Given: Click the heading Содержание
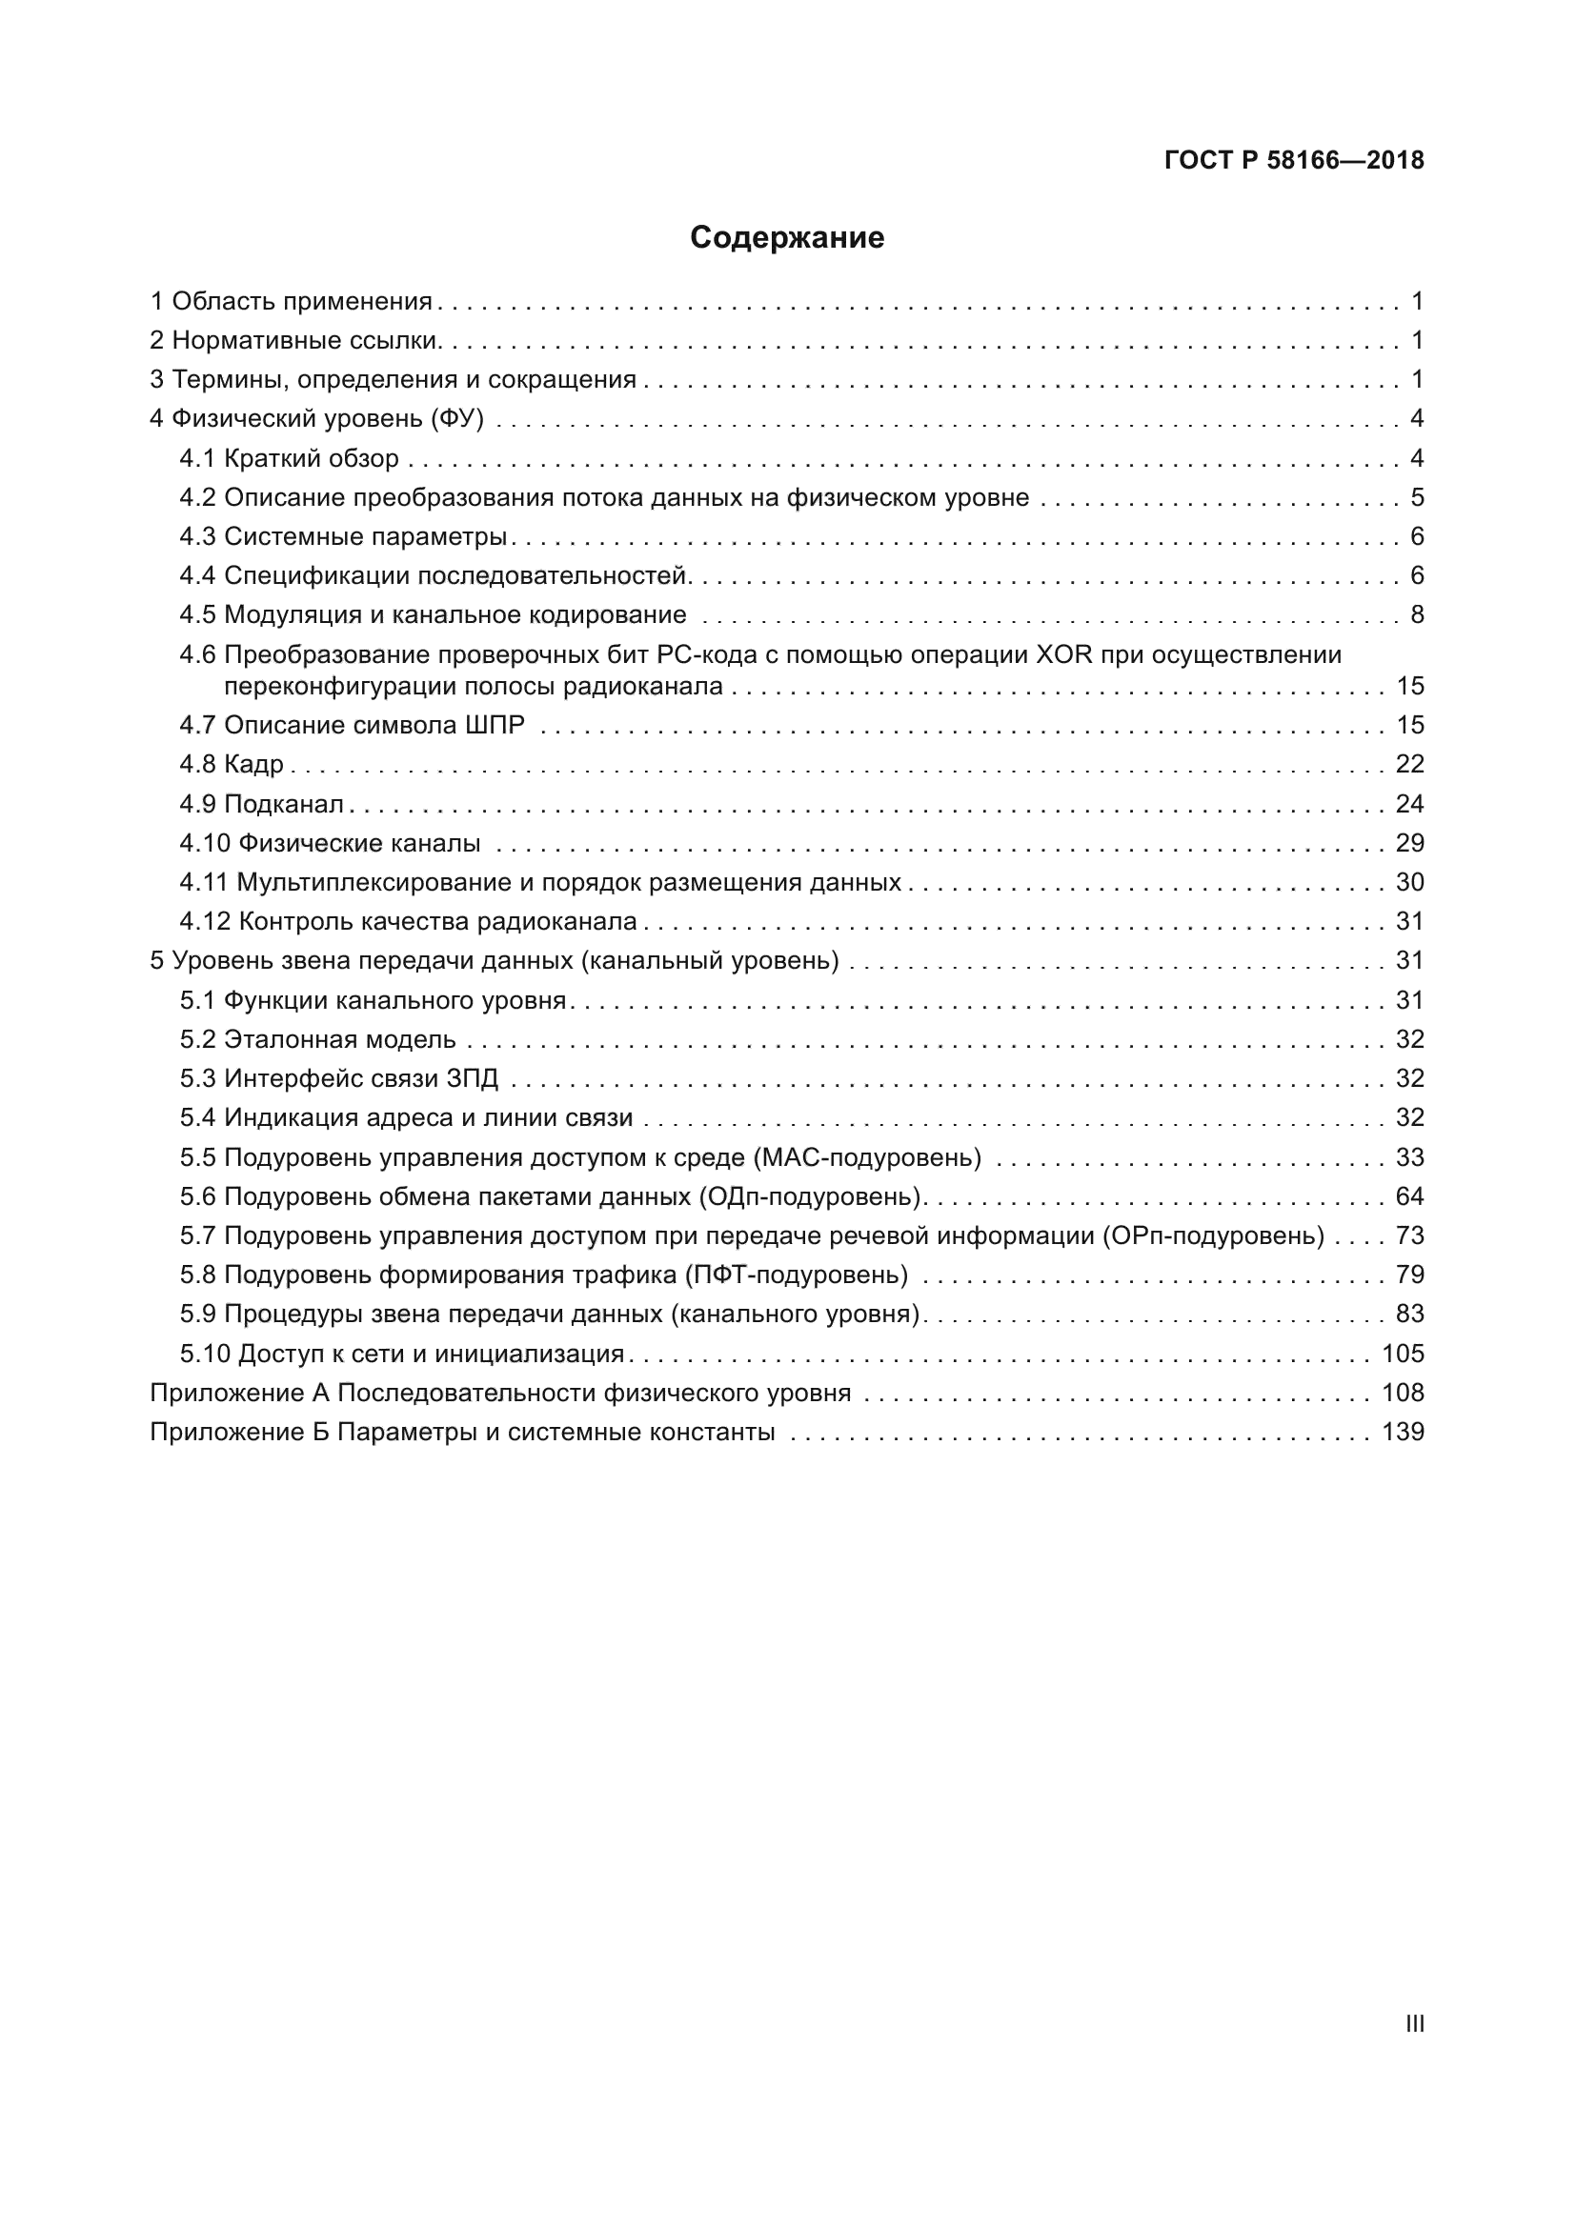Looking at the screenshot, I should [x=787, y=238].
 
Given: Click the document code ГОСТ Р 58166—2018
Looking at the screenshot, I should [x=1294, y=160].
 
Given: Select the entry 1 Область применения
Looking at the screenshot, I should [x=292, y=302].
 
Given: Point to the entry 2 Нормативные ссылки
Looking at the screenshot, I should [x=296, y=341].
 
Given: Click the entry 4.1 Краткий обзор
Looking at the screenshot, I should [x=290, y=458].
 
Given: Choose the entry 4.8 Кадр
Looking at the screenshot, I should [x=232, y=765].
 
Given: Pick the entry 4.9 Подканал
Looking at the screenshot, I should [x=262, y=804].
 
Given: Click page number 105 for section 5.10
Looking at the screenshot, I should [x=1403, y=1354].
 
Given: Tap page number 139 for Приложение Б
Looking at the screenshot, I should [x=1403, y=1433].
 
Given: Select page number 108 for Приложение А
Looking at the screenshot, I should [x=1403, y=1394].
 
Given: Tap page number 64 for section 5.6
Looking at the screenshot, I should [x=1409, y=1196].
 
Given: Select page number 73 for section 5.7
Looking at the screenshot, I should [x=1409, y=1236].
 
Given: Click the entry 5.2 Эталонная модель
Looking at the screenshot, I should [x=317, y=1040].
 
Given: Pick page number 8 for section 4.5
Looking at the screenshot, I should [x=1417, y=615].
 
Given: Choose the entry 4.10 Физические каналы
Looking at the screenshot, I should [x=330, y=843].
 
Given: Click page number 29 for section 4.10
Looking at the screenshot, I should [x=1409, y=843].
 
